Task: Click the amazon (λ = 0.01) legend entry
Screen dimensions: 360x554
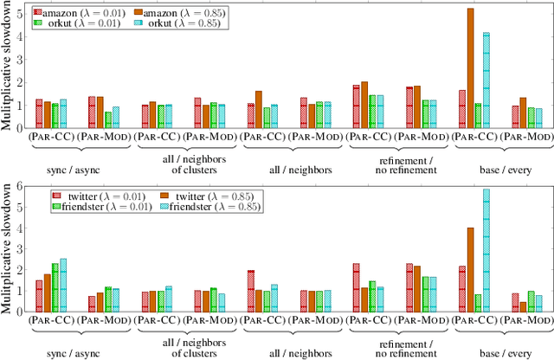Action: point(66,12)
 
